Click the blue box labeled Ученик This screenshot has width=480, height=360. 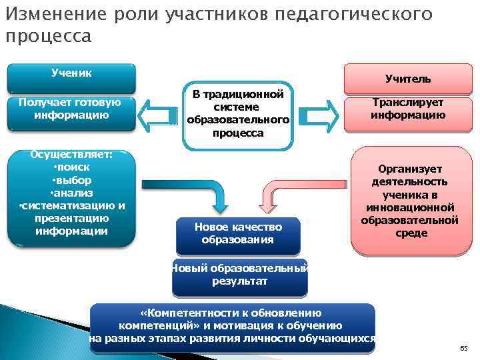(x=71, y=77)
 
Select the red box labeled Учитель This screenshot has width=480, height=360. (x=407, y=79)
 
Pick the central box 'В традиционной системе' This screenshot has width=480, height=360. (x=239, y=113)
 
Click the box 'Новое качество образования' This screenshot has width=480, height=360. (x=238, y=233)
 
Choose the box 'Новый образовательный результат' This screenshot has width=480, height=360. (x=239, y=275)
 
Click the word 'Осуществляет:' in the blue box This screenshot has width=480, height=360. (x=71, y=155)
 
